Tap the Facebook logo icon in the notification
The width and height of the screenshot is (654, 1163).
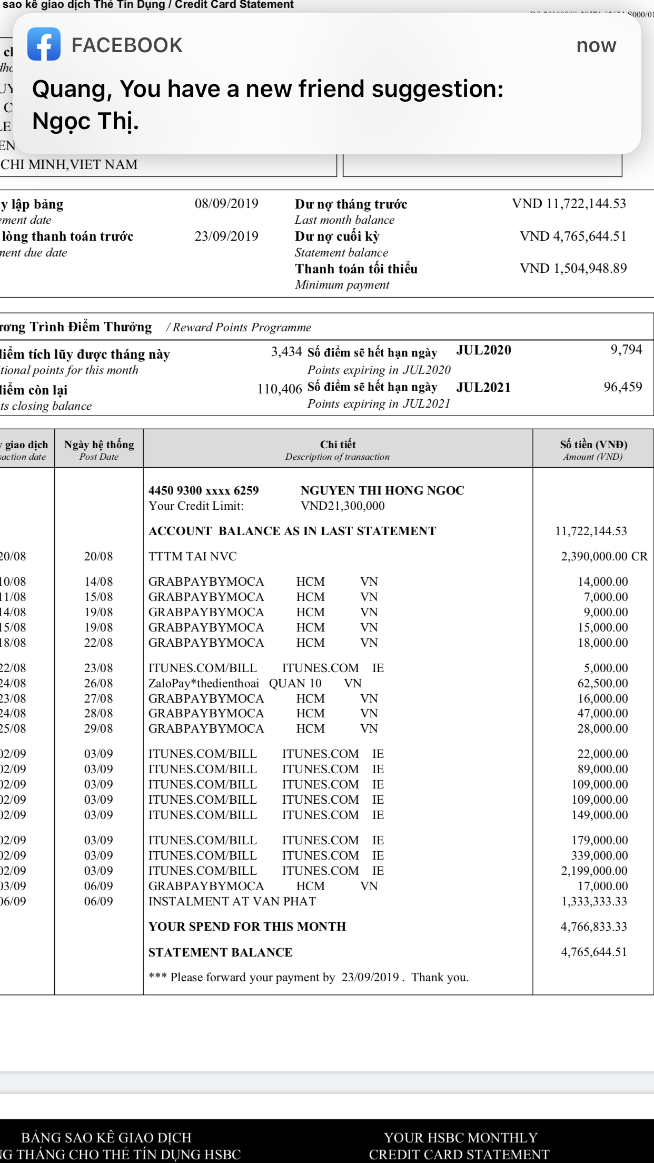pos(44,44)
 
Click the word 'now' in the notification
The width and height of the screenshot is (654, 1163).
pos(596,46)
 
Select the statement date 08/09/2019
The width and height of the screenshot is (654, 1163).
pos(226,204)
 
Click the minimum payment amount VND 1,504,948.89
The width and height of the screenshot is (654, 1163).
pos(573,269)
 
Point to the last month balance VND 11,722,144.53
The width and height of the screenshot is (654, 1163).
pos(569,204)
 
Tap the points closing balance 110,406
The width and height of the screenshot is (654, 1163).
pos(280,389)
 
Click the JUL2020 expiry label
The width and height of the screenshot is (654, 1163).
pos(483,350)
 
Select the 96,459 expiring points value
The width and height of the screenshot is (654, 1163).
pos(622,387)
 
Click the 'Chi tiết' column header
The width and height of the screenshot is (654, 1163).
pos(338,445)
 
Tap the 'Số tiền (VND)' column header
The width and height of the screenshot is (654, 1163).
pos(593,445)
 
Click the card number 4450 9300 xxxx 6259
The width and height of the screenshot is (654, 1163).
pos(204,490)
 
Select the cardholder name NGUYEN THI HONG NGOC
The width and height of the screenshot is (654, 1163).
pos(382,490)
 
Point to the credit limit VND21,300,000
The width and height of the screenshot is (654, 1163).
pos(342,506)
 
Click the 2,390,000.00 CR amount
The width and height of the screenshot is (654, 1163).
pos(604,556)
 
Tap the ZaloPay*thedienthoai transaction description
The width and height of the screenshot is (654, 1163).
pos(204,683)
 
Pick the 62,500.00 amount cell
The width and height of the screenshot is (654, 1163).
pos(602,683)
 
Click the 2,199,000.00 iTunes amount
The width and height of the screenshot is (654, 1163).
pos(594,871)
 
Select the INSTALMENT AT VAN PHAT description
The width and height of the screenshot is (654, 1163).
pos(232,901)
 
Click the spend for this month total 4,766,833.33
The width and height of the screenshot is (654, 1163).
pos(593,927)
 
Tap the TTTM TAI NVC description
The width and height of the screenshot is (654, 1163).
pos(193,556)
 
